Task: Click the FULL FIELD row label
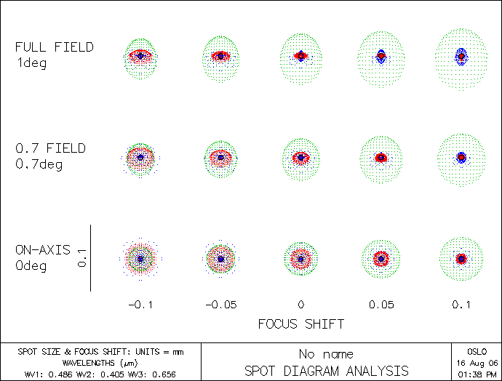click(x=55, y=47)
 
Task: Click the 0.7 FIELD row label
click(x=51, y=148)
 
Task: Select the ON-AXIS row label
click(x=43, y=250)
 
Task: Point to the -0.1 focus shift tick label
click(x=140, y=305)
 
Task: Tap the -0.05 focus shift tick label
click(x=220, y=305)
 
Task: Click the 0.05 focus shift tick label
click(x=381, y=305)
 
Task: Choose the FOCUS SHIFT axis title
click(x=300, y=324)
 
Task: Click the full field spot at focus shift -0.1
click(x=140, y=55)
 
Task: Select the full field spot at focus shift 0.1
click(x=461, y=56)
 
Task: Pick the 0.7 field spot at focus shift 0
click(x=300, y=157)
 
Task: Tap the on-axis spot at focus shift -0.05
click(x=220, y=259)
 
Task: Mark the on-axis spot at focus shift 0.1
click(x=461, y=259)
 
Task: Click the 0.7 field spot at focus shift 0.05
click(x=381, y=157)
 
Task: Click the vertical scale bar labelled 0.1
click(x=90, y=258)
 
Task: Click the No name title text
click(x=326, y=355)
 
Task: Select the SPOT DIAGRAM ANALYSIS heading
click(x=326, y=371)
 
